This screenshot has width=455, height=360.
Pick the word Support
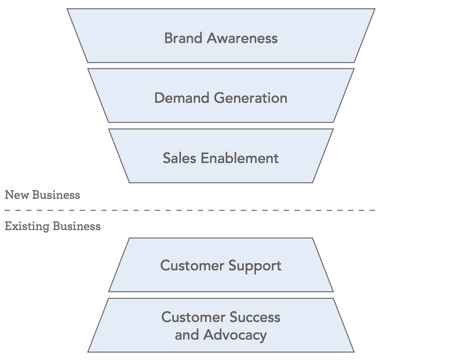[255, 266]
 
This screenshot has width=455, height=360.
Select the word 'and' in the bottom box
[186, 335]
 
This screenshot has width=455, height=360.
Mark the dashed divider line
[213, 210]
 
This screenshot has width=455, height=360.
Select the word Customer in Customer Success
[194, 317]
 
